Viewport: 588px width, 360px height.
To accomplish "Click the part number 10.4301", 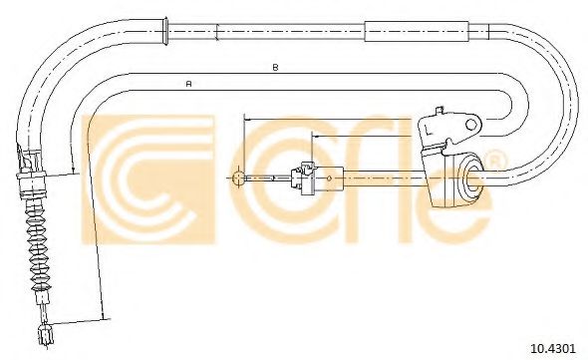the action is (x=552, y=348).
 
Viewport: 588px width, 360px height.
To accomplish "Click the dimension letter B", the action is (x=275, y=68).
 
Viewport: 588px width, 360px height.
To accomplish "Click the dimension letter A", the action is (x=189, y=84).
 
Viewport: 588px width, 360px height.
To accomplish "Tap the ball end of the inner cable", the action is (x=238, y=178).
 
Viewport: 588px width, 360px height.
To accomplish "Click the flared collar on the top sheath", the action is (x=163, y=31).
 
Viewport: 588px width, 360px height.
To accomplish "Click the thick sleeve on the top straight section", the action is (x=417, y=31).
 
